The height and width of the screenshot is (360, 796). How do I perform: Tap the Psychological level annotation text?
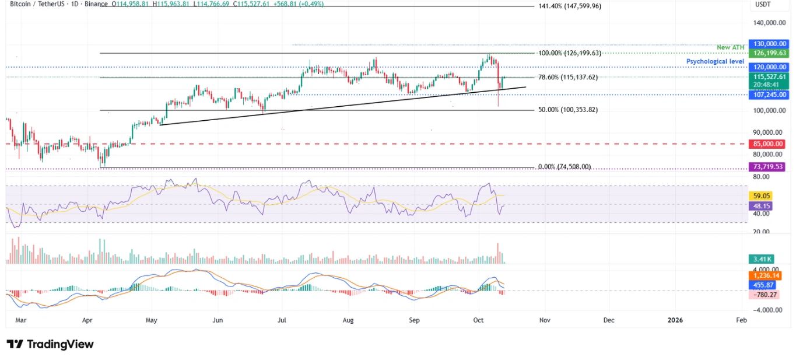point(715,61)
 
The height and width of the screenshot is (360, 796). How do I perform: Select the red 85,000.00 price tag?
point(769,144)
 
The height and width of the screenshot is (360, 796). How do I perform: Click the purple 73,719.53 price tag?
point(769,167)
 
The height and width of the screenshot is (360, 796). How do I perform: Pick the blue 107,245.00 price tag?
point(769,95)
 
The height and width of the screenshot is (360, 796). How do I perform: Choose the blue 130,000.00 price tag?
point(769,44)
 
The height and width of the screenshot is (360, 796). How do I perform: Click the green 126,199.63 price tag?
point(769,53)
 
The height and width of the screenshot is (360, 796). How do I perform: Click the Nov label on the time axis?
point(545,320)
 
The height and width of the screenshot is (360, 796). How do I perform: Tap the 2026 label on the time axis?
point(676,320)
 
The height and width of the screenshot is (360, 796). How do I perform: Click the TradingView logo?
point(50,344)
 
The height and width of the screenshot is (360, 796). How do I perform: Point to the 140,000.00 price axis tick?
point(769,23)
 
